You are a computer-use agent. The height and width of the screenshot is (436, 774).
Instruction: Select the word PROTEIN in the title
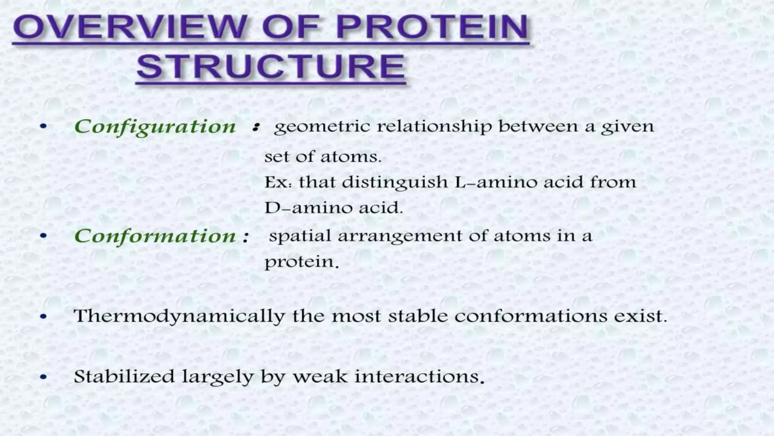coord(432,27)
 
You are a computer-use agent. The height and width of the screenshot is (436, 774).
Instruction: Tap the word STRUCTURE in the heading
coord(271,67)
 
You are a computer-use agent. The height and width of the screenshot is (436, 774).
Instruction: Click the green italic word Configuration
coord(155,127)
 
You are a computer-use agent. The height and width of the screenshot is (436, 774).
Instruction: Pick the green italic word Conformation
coord(155,236)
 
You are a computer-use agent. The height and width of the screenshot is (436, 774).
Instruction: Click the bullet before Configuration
coord(44,127)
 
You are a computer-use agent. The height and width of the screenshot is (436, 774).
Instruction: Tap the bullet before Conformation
coord(44,236)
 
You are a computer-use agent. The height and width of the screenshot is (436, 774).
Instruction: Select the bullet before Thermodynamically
coord(44,316)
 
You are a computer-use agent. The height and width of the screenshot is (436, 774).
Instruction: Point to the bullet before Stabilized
coord(44,377)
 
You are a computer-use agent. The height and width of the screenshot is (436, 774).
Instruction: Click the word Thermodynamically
coord(180,316)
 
